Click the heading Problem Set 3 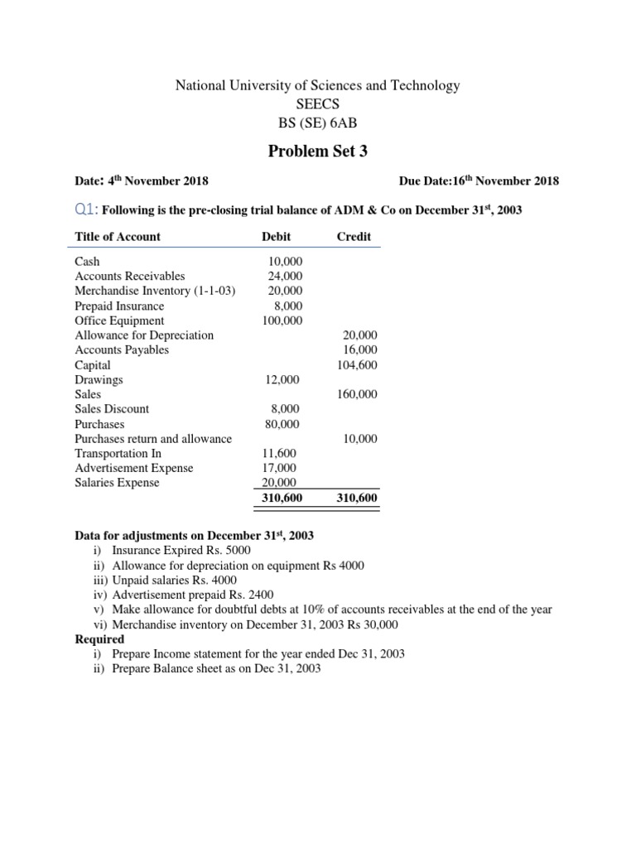pos(318,151)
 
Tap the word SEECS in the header pos(318,105)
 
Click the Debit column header pos(276,237)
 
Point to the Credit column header pos(354,237)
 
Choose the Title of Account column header pos(118,237)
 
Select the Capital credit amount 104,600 pos(357,365)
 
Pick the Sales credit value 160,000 pos(357,395)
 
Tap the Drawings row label pos(99,380)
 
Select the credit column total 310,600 pos(356,499)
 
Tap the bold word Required pos(99,639)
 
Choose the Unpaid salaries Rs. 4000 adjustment pos(175,581)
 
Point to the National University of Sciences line pos(318,86)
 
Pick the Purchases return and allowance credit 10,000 pos(360,439)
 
